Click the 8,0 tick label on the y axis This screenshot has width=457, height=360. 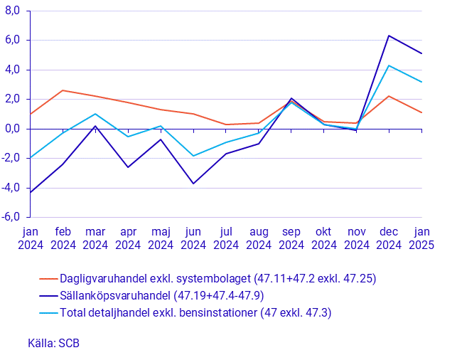[x=12, y=11]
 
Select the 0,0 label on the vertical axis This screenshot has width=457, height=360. [x=12, y=129]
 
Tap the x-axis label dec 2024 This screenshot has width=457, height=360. [x=389, y=238]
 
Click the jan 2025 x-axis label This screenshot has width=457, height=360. [x=421, y=238]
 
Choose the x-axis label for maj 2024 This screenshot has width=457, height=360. [x=161, y=238]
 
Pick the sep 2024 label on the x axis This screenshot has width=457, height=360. [x=291, y=238]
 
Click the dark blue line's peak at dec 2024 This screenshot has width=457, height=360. [x=389, y=36]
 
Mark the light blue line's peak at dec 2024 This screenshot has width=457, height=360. [x=389, y=65]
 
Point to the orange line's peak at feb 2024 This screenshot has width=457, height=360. [x=63, y=90]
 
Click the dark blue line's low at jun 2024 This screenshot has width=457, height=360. [x=193, y=184]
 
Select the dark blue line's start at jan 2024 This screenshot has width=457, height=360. [x=30, y=192]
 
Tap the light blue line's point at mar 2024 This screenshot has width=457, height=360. [x=95, y=114]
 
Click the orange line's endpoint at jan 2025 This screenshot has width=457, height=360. [x=421, y=112]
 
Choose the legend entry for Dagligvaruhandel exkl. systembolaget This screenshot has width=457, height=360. [x=217, y=279]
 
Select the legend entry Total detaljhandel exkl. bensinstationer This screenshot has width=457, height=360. [x=195, y=312]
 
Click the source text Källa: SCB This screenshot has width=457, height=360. [x=54, y=343]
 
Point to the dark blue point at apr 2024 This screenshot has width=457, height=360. [x=128, y=167]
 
